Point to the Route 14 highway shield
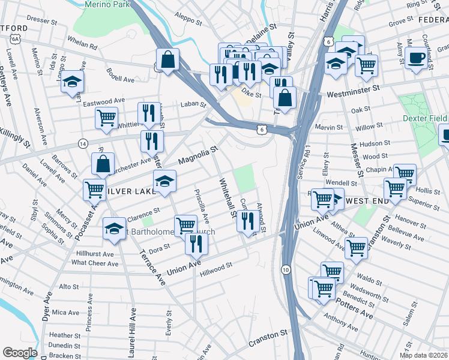click(83, 144)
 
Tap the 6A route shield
click(14, 39)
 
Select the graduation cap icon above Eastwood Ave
click(72, 82)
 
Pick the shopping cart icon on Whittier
click(107, 118)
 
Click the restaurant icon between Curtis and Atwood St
click(248, 221)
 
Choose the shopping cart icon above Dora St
click(187, 225)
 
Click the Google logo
click(19, 352)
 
